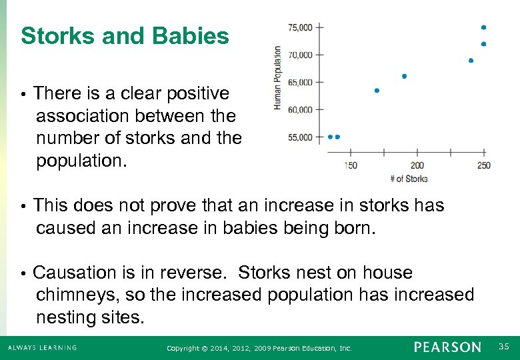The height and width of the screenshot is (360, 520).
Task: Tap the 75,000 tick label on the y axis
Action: point(299,27)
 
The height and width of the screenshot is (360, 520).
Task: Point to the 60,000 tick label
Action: point(299,110)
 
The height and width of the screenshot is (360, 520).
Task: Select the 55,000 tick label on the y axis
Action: point(299,137)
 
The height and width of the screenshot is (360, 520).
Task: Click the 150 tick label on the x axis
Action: point(350,165)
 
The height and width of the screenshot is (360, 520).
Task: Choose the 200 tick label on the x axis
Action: point(417,165)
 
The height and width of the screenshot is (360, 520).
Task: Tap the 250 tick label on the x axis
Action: point(483,165)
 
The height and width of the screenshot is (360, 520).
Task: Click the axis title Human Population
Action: point(277,78)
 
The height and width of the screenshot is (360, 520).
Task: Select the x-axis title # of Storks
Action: point(408,179)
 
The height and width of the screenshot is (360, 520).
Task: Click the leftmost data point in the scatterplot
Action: point(330,137)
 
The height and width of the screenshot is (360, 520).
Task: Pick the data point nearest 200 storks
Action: point(404,76)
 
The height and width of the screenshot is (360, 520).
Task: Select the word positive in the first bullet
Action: point(191,93)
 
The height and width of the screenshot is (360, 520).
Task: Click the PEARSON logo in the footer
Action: point(447,347)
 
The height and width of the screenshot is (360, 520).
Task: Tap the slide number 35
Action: point(504,346)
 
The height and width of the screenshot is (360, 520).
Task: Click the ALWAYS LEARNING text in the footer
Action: point(43,347)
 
